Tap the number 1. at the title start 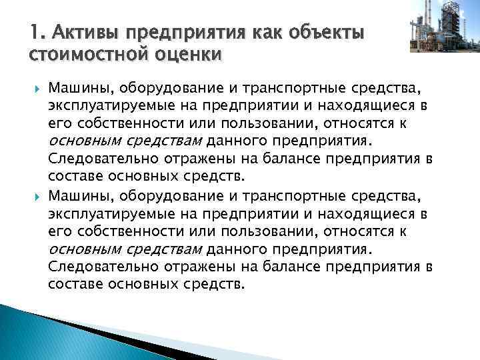coord(37,32)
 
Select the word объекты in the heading coord(325,32)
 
